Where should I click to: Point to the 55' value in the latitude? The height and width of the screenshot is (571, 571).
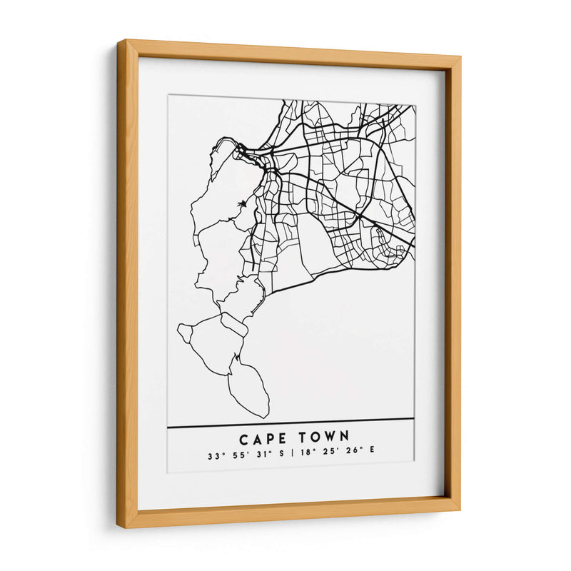click(x=238, y=455)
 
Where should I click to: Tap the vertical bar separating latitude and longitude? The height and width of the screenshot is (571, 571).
click(x=285, y=455)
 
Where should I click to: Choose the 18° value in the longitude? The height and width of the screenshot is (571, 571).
click(x=300, y=455)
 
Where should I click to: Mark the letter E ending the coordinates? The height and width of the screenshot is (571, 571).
click(x=361, y=455)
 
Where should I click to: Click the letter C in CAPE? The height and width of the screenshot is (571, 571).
click(x=244, y=437)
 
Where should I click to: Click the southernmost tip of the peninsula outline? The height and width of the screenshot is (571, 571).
click(x=267, y=417)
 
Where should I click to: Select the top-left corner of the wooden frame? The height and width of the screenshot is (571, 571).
click(x=118, y=41)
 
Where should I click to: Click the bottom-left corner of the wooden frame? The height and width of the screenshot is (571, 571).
click(x=118, y=527)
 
